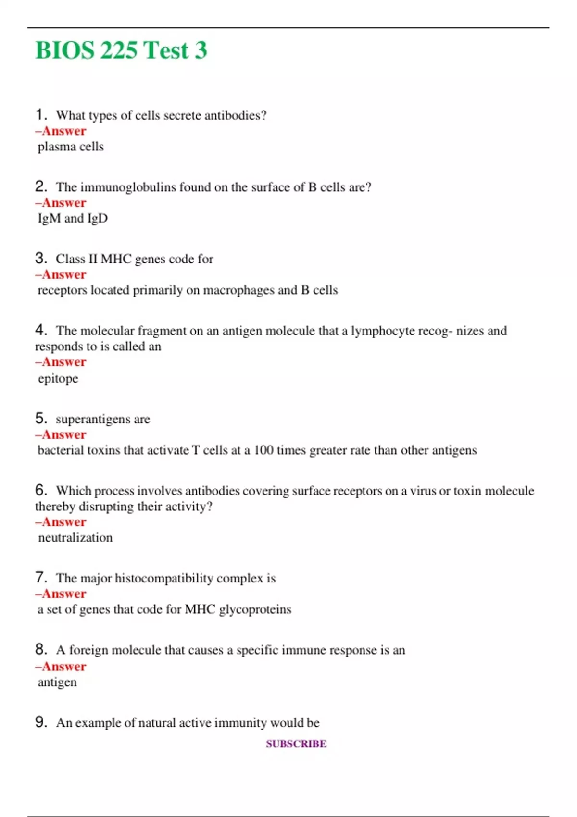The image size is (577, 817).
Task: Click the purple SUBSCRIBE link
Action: point(296,743)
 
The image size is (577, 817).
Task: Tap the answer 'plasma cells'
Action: point(71,147)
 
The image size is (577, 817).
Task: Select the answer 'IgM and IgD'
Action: point(73,218)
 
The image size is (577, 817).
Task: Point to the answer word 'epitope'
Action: point(58,379)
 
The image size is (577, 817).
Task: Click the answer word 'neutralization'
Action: point(75,537)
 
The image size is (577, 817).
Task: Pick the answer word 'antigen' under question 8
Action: point(57,682)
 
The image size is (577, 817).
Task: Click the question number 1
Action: point(40,114)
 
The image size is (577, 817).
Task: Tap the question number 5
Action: point(40,418)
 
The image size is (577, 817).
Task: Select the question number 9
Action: point(40,722)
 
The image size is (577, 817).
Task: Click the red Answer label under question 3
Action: point(61,274)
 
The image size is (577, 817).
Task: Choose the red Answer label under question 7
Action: point(61,594)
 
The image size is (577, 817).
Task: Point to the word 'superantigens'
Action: point(93,419)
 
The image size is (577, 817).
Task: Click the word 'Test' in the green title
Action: point(166,50)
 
